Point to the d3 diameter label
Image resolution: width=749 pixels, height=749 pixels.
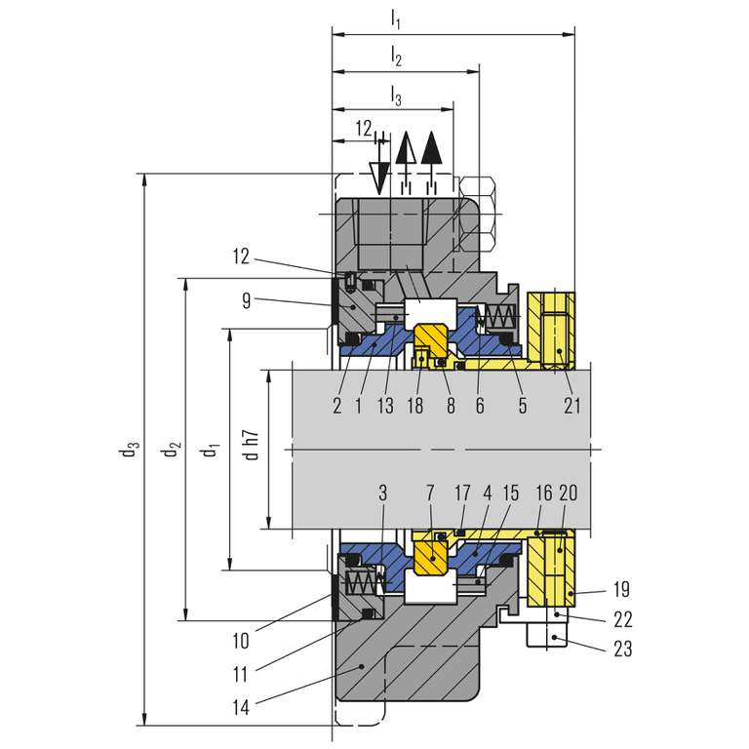pyautogui.click(x=130, y=451)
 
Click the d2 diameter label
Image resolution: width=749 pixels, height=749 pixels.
pyautogui.click(x=172, y=451)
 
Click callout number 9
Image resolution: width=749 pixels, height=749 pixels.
pyautogui.click(x=247, y=301)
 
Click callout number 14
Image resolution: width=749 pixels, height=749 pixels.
pyautogui.click(x=240, y=707)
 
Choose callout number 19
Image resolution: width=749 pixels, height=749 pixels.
pyautogui.click(x=623, y=589)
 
